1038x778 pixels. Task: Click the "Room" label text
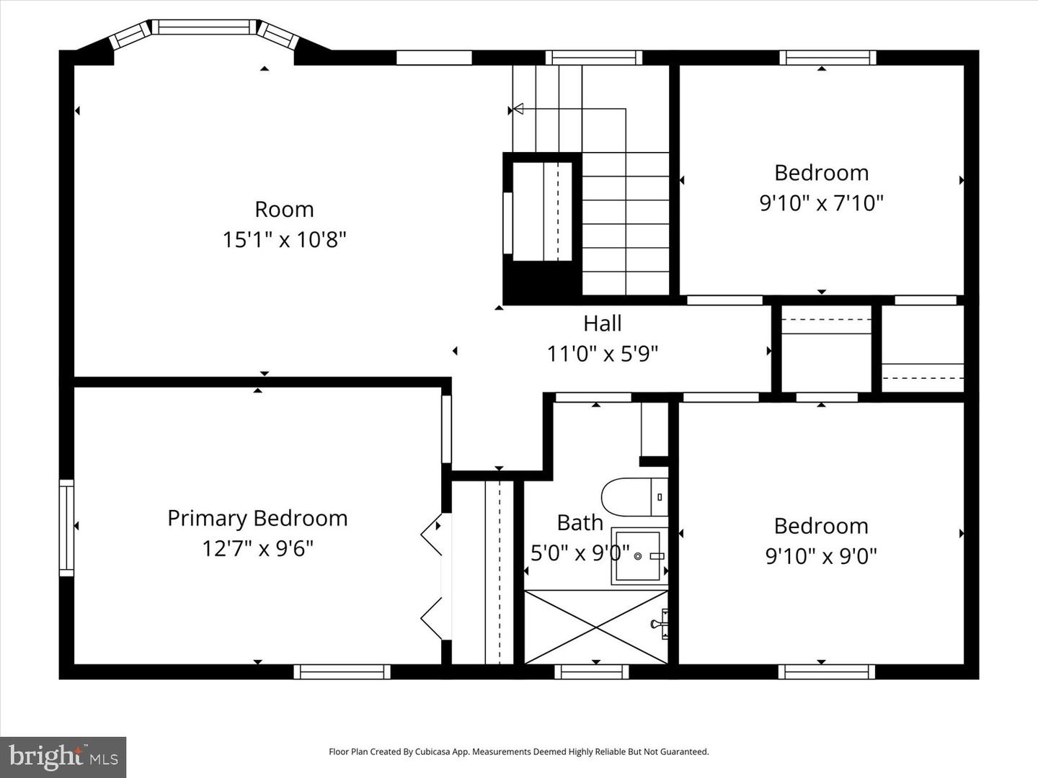coord(284,210)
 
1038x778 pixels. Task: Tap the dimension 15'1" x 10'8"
coord(284,239)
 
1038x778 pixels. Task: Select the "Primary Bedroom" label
coord(257,519)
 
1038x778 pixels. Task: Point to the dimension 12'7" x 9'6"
coord(257,549)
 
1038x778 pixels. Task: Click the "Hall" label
coord(602,323)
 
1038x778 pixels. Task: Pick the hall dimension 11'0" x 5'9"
coord(602,354)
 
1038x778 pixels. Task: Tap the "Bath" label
coord(580,523)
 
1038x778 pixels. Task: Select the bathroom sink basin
coord(637,556)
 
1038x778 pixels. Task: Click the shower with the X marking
coord(595,626)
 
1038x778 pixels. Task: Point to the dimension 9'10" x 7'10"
coord(821,203)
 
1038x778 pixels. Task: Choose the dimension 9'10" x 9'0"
coord(821,556)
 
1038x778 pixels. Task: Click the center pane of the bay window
coord(204,27)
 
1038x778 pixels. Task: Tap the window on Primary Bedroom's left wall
coord(66,528)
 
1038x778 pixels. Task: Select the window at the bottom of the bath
coord(591,671)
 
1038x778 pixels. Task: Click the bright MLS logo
coord(63,756)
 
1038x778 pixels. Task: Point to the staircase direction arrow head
coord(518,109)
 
